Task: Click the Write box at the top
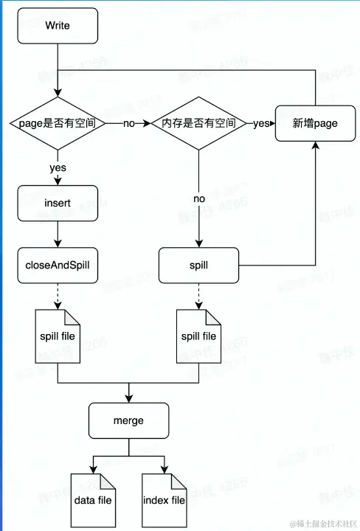click(x=58, y=26)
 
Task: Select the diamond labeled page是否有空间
click(x=58, y=123)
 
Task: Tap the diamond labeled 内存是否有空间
click(x=198, y=123)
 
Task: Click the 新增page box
click(x=315, y=123)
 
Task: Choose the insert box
click(x=58, y=202)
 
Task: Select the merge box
click(x=128, y=420)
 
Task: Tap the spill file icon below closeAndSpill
click(x=58, y=336)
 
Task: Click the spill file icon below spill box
click(x=199, y=336)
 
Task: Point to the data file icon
click(x=93, y=500)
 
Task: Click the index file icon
click(x=164, y=500)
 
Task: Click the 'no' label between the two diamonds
click(x=128, y=124)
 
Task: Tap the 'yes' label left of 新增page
click(x=261, y=123)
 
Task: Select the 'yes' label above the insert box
click(x=58, y=167)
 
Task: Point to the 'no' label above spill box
click(x=198, y=199)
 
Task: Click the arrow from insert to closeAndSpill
click(x=58, y=234)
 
